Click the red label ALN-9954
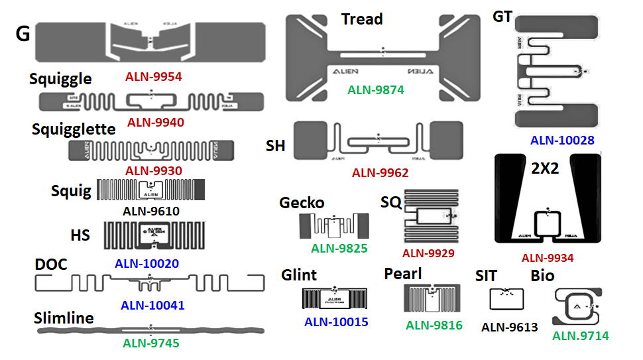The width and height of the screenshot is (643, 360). (x=153, y=77)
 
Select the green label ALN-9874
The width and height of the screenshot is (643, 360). (x=375, y=90)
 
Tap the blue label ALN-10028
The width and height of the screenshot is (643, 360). (x=562, y=140)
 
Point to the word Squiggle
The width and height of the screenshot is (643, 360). (x=60, y=79)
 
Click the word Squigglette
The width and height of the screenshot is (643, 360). (x=74, y=129)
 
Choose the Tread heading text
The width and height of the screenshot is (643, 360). (x=362, y=19)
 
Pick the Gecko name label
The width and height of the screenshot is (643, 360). (x=302, y=202)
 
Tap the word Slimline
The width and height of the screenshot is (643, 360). (x=64, y=318)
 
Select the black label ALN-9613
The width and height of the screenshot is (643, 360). (x=509, y=326)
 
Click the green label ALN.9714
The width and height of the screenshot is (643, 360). (x=581, y=336)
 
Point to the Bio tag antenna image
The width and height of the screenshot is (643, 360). (x=577, y=307)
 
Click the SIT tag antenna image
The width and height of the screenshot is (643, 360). (x=506, y=299)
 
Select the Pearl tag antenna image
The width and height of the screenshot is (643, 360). (x=433, y=299)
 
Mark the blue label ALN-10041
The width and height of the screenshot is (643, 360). (x=152, y=306)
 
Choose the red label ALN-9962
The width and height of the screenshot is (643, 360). (x=380, y=173)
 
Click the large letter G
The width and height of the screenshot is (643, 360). (x=23, y=34)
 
